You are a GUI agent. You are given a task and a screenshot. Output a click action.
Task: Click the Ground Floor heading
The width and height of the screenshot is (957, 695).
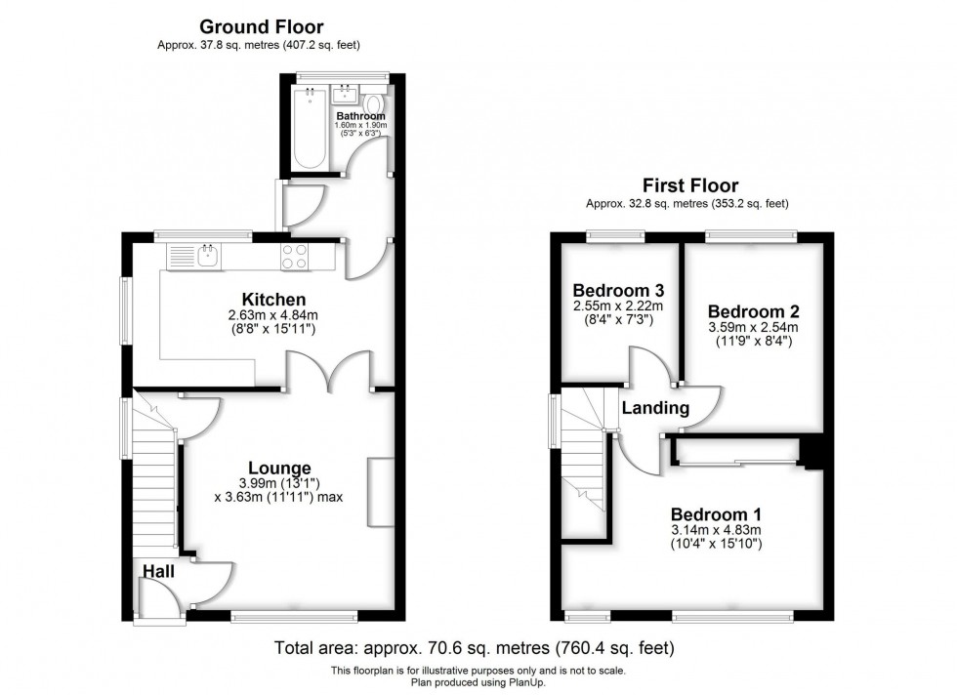tap(262, 27)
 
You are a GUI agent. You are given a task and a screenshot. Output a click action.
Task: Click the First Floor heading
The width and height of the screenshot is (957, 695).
tap(689, 185)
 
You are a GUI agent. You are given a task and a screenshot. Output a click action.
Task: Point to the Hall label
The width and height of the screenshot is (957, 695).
tap(159, 570)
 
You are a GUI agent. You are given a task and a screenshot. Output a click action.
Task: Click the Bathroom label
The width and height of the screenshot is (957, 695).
tap(360, 115)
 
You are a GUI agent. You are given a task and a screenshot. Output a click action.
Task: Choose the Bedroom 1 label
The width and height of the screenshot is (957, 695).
tap(716, 514)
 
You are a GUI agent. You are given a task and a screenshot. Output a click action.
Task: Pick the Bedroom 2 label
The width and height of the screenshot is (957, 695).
tap(754, 311)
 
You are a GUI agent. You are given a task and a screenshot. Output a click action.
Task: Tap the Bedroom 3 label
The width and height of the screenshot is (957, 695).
tap(618, 291)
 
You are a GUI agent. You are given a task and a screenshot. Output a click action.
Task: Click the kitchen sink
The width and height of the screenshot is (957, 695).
tap(207, 257)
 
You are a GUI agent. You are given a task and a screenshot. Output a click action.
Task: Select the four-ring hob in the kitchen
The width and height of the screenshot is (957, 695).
tap(295, 257)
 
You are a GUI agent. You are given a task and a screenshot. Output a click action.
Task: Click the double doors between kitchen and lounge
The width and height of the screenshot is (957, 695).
tap(329, 371)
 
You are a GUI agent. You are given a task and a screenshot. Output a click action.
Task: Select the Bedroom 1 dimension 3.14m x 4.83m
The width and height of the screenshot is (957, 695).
tap(716, 530)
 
